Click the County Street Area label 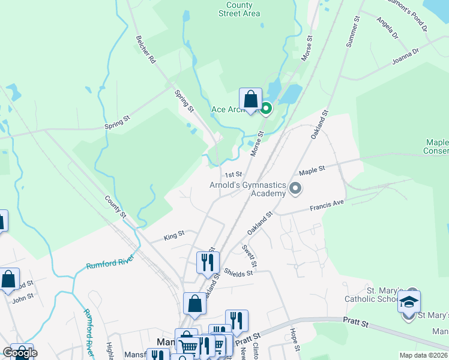click(x=239, y=8)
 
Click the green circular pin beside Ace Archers click(x=265, y=109)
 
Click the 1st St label click(x=233, y=175)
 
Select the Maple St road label click(x=312, y=171)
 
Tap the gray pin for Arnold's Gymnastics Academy click(x=295, y=189)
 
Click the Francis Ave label click(x=327, y=206)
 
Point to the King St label click(x=173, y=236)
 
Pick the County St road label click(x=115, y=206)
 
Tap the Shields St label click(x=239, y=272)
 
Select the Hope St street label click(x=294, y=337)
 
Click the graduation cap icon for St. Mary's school click(x=409, y=301)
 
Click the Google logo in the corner click(x=20, y=352)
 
